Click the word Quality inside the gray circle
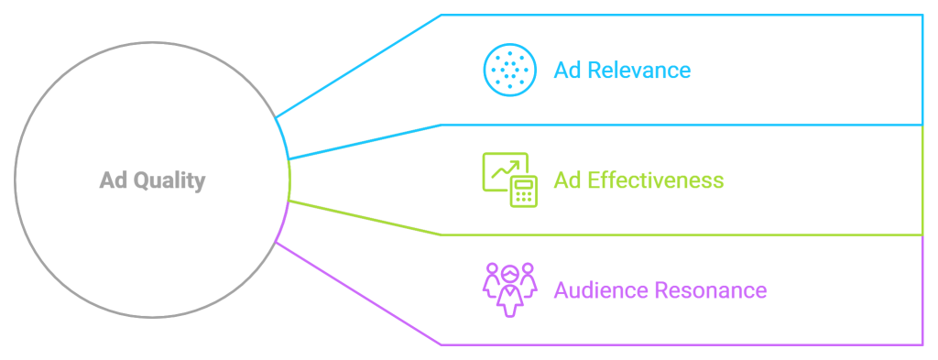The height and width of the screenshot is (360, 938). (x=170, y=181)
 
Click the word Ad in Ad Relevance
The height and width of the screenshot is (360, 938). (x=566, y=71)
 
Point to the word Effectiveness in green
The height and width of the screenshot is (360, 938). (x=652, y=180)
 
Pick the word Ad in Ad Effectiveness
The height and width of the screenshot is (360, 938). (x=566, y=180)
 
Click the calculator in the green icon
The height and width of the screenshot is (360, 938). (x=525, y=192)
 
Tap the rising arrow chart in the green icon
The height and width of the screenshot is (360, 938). (x=503, y=170)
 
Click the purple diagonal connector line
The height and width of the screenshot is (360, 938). (x=357, y=292)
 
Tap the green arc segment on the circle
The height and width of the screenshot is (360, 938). (x=289, y=180)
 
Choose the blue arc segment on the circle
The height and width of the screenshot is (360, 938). (x=283, y=138)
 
